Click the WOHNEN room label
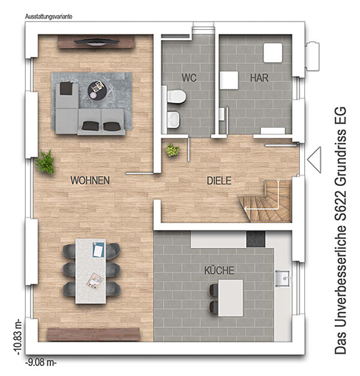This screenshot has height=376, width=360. [90, 181]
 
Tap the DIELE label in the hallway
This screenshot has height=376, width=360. [219, 181]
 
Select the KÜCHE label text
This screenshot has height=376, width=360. [220, 270]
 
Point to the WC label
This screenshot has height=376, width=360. [189, 78]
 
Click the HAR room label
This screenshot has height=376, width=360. [259, 78]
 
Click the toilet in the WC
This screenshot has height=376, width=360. [176, 97]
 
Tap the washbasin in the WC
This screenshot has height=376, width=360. [173, 119]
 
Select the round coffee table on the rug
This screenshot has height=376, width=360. [98, 90]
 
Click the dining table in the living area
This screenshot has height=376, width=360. [91, 271]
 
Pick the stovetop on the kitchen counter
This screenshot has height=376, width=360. [256, 239]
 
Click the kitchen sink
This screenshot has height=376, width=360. [283, 278]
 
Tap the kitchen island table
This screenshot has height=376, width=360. [230, 297]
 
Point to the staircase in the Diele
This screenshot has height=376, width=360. [265, 201]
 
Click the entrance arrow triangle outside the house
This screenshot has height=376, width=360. [314, 160]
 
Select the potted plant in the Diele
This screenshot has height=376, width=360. [172, 150]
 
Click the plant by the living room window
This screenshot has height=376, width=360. [45, 162]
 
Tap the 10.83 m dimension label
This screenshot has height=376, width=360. [18, 337]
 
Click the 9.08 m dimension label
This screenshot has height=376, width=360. [41, 362]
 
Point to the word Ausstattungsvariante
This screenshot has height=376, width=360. [49, 17]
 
